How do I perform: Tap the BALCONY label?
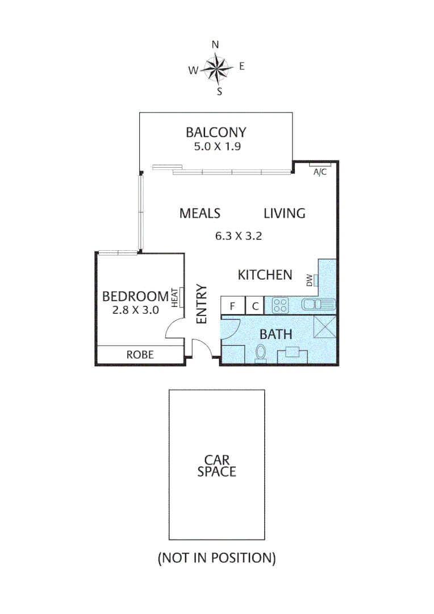point(216,132)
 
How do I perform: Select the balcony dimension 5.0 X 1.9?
point(216,146)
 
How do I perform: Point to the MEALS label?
point(199,213)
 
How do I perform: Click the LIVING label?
point(285,213)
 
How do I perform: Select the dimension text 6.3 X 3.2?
point(238,236)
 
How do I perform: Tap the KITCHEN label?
point(265,275)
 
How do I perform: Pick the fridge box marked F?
point(232,306)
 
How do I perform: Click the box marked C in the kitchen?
point(256,306)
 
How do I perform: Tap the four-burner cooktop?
point(280,305)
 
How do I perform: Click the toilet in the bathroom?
point(261,352)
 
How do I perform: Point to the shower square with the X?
point(325,328)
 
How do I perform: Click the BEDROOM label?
point(135,296)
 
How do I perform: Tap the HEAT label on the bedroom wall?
point(176,296)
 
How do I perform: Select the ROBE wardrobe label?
point(140,354)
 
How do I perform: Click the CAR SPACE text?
point(216,465)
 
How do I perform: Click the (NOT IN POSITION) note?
point(216,558)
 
